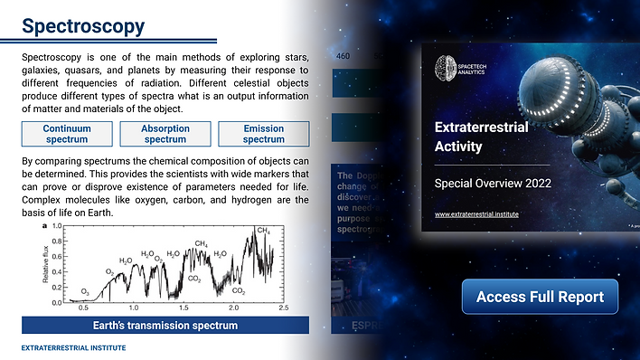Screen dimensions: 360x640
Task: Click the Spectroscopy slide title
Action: click(x=82, y=25)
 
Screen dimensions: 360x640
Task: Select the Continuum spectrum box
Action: click(x=66, y=134)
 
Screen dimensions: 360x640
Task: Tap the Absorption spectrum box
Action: click(x=165, y=134)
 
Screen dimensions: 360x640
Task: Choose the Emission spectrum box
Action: click(x=264, y=134)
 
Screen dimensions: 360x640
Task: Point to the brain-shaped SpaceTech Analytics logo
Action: click(x=445, y=65)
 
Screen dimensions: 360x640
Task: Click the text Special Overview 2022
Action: click(x=494, y=183)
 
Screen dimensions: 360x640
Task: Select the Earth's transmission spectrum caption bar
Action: click(x=165, y=325)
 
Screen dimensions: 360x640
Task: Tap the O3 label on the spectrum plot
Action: click(x=85, y=291)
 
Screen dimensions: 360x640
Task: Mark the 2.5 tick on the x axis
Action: click(x=282, y=309)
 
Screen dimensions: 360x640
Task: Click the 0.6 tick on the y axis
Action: click(x=57, y=256)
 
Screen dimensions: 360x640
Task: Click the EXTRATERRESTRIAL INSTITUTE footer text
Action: click(x=73, y=347)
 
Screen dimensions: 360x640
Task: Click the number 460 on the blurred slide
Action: click(x=344, y=56)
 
